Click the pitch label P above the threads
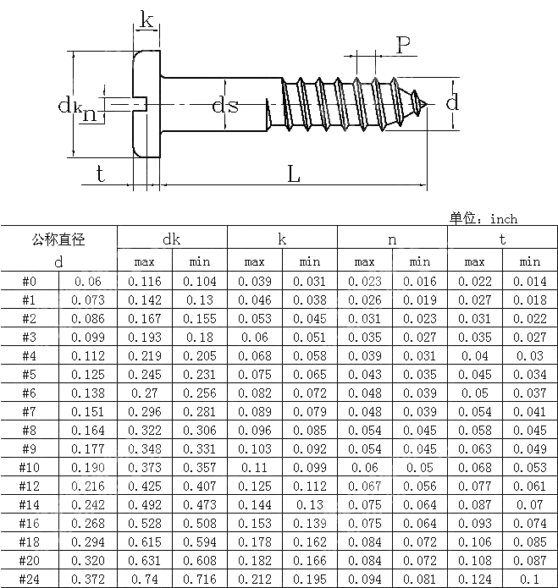coord(405,45)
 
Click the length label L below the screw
coord(294,174)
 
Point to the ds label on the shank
coord(224,106)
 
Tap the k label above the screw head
coord(146,21)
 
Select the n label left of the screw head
coord(89,114)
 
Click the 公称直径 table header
coord(58,239)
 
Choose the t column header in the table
coord(502,239)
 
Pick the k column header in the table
coord(282,239)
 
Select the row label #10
coord(29,467)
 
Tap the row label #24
coord(29,578)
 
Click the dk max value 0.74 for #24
coord(145,578)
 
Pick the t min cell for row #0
coord(530,282)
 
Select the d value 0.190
coord(88,467)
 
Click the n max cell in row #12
coord(365,486)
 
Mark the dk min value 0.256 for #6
coord(200,393)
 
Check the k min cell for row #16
coord(310,523)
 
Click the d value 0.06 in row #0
coord(88,282)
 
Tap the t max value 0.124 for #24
coord(475,578)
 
